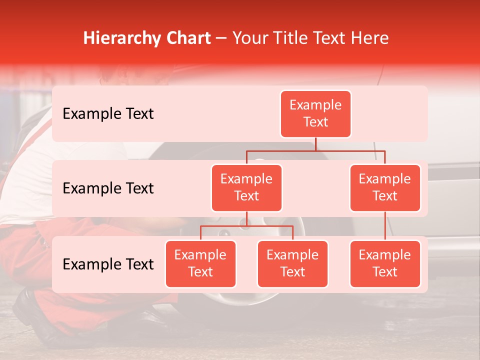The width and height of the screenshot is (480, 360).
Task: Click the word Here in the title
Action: tap(369, 38)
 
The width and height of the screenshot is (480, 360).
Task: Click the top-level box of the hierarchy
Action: tap(315, 114)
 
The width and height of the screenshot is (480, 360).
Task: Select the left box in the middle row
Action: tap(246, 188)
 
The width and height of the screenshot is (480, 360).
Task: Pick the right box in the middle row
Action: tap(385, 188)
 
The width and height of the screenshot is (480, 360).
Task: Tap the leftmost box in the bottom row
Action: tap(200, 264)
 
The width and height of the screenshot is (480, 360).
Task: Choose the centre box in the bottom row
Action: tap(292, 264)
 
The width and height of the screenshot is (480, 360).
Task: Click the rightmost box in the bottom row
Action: tap(385, 264)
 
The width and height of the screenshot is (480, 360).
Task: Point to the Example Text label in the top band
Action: tap(108, 114)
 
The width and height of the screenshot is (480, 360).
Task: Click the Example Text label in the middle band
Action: tap(108, 188)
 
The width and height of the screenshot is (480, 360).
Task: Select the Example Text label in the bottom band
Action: tap(108, 264)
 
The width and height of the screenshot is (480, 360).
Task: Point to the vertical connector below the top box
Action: tap(315, 144)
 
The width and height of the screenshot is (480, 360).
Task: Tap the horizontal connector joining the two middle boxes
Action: tap(315, 150)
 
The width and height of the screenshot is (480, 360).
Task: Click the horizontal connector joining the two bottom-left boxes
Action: tap(246, 226)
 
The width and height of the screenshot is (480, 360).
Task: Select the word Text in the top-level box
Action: tap(315, 122)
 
